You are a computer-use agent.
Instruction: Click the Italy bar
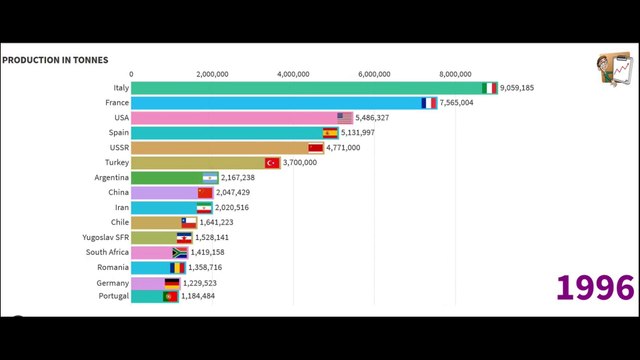click(x=310, y=88)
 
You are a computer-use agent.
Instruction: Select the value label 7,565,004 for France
click(x=462, y=103)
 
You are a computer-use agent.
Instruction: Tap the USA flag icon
click(x=345, y=118)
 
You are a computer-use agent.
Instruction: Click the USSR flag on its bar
click(x=316, y=148)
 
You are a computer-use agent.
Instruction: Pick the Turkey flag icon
click(x=271, y=163)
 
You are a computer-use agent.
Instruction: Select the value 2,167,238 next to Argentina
click(x=242, y=178)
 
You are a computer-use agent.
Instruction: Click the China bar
click(x=165, y=192)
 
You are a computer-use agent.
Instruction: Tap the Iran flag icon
click(x=204, y=207)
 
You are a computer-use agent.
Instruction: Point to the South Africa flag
click(x=180, y=252)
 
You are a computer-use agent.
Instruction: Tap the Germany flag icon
click(x=172, y=283)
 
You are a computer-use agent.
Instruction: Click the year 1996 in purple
click(x=595, y=288)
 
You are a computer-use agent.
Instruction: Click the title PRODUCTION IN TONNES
click(x=55, y=60)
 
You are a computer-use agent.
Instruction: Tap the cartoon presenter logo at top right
click(x=612, y=68)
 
